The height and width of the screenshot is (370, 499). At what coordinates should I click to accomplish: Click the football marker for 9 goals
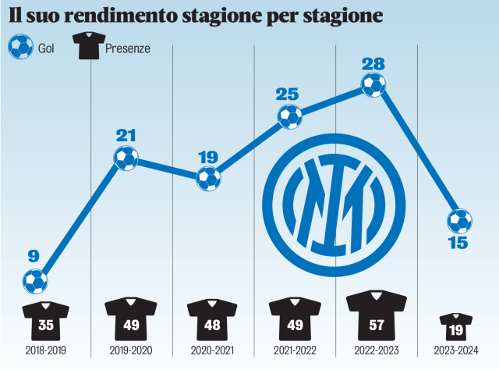36,281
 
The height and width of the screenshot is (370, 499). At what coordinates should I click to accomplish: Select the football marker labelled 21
126,159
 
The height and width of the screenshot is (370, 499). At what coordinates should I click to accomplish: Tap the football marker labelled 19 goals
208,179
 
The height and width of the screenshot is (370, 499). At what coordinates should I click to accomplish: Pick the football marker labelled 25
290,118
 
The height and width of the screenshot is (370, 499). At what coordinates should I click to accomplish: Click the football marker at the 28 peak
373,85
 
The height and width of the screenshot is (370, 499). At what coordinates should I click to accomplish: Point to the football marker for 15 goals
460,221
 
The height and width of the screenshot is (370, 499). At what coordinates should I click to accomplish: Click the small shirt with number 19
456,325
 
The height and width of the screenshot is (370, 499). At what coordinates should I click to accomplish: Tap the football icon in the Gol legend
19,48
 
